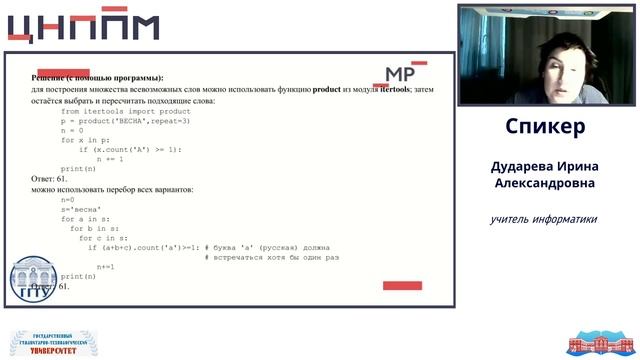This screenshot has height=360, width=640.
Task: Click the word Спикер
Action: [x=545, y=127]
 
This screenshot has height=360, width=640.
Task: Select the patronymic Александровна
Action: [x=545, y=183]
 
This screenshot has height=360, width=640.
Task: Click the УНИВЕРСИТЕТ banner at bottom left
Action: [x=51, y=343]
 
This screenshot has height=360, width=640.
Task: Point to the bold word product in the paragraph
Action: [x=327, y=89]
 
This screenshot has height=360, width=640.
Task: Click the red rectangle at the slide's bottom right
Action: [x=402, y=286]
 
